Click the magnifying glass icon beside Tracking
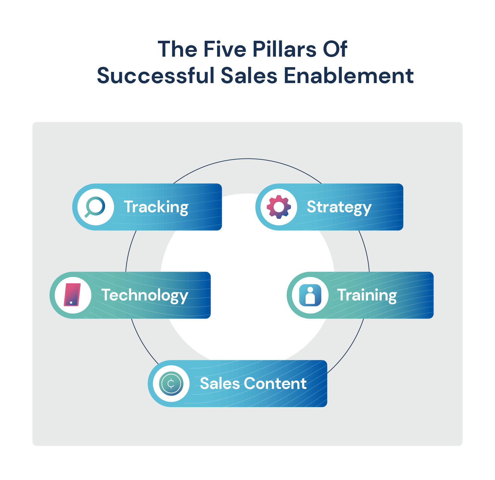95,207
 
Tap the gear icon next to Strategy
279,207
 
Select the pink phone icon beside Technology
72,295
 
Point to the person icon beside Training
310,295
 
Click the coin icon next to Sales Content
171,384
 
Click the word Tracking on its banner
156,207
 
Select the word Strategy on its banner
339,208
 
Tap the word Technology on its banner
145,296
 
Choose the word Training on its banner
367,296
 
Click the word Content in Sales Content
275,384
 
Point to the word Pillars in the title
285,49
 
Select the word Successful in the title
156,76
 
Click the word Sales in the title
249,76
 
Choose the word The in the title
177,49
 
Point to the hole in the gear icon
279,207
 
